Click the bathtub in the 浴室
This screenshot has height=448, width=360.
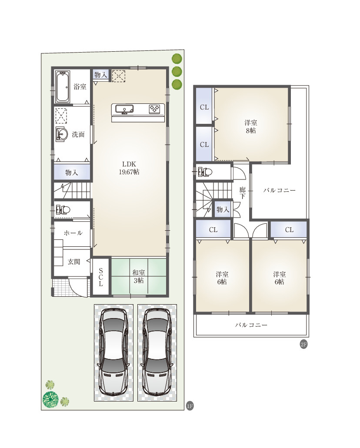click(62, 87)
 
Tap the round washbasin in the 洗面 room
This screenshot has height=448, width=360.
click(61, 134)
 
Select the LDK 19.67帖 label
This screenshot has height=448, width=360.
click(129, 168)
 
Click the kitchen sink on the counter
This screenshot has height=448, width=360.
click(124, 109)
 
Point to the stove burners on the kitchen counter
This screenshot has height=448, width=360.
click(154, 109)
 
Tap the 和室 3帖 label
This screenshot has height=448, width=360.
click(139, 276)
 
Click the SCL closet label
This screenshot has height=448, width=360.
click(100, 277)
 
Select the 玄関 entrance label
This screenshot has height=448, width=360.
click(74, 262)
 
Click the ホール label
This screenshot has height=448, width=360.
click(73, 233)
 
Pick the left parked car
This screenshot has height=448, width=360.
click(113, 352)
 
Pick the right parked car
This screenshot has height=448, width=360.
click(157, 352)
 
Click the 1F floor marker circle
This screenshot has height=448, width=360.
click(190, 406)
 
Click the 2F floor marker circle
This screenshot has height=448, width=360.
click(303, 344)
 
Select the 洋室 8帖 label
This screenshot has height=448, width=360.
click(251, 127)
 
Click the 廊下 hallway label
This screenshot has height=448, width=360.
click(243, 193)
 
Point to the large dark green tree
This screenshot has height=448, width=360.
click(50, 399)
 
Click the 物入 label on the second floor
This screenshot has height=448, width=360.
click(223, 209)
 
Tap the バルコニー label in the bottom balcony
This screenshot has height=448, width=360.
click(251, 325)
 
